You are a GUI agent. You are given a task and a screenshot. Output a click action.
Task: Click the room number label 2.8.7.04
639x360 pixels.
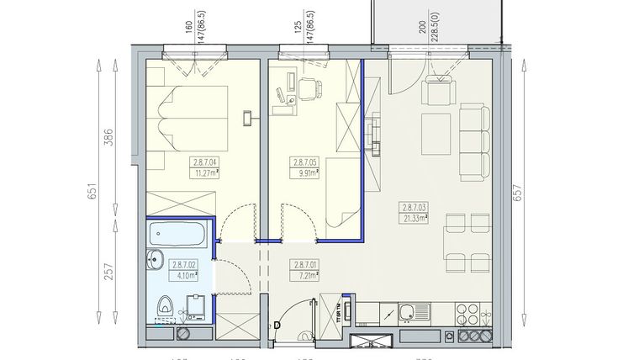pyautogui.click(x=204, y=163)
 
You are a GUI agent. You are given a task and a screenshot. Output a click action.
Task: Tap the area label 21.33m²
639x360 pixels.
pyautogui.click(x=415, y=218)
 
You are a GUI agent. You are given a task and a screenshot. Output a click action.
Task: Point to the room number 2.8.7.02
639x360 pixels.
pyautogui.click(x=184, y=263)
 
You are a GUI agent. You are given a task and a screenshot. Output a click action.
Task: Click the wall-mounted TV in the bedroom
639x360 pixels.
pyautogui.click(x=246, y=117)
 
